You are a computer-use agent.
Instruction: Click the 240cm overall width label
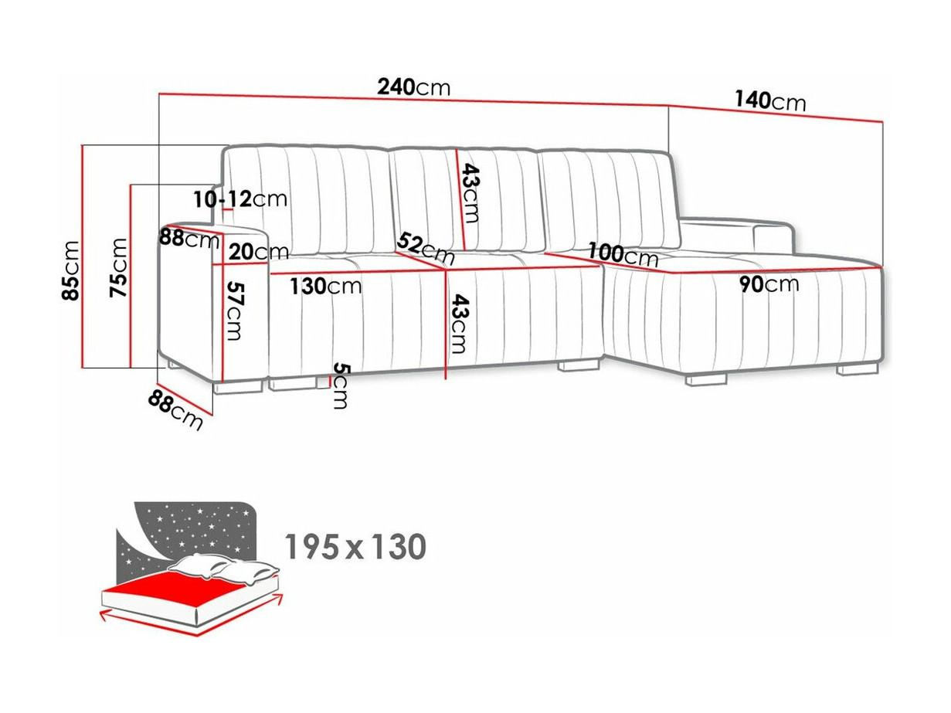click(x=413, y=87)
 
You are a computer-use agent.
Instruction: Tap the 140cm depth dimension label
click(x=770, y=102)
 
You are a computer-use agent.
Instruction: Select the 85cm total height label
click(x=70, y=270)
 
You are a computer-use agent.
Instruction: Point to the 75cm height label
click(x=118, y=267)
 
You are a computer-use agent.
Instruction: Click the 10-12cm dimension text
click(x=240, y=199)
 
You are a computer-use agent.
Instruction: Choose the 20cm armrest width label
click(x=258, y=252)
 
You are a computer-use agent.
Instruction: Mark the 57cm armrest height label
click(x=234, y=311)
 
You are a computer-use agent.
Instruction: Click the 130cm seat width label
click(x=325, y=286)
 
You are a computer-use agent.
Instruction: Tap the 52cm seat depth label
click(x=425, y=248)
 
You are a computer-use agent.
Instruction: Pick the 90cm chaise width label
click(x=769, y=284)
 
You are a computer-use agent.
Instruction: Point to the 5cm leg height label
click(x=341, y=385)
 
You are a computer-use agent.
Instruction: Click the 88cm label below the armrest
click(x=175, y=409)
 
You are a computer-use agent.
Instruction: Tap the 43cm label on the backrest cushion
click(x=470, y=192)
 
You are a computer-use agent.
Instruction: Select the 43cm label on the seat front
click(x=457, y=324)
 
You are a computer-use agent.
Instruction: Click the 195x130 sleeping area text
click(x=355, y=546)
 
